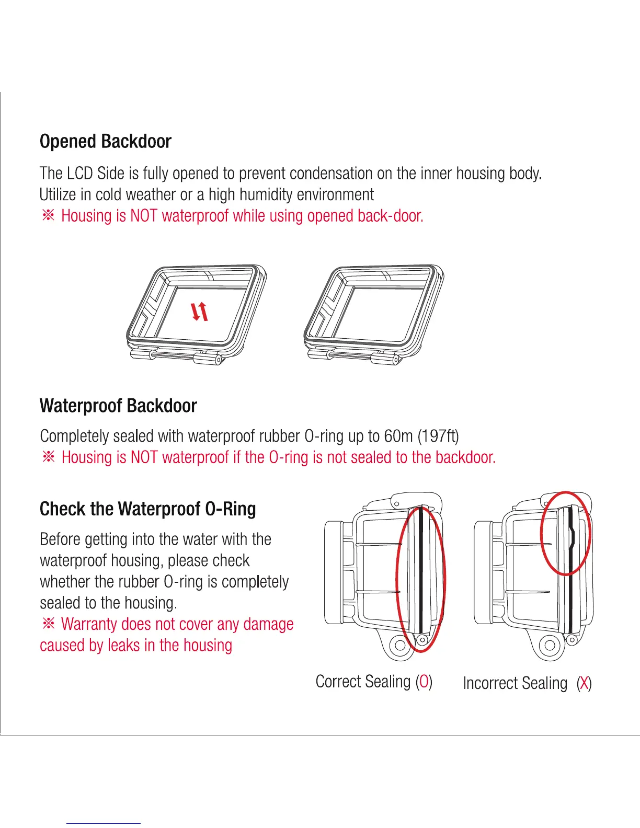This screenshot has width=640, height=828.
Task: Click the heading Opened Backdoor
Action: [105, 142]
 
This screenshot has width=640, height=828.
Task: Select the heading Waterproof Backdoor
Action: [118, 406]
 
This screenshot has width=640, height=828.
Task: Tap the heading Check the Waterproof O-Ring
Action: [147, 509]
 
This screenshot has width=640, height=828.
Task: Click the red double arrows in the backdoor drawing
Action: [200, 312]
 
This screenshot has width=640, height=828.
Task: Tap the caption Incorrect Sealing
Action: [515, 683]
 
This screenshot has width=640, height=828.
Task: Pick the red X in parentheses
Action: [584, 683]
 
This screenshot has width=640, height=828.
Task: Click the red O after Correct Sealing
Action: [424, 682]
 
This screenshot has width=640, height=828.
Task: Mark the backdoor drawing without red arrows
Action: [373, 314]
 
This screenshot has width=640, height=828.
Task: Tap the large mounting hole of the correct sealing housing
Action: [401, 645]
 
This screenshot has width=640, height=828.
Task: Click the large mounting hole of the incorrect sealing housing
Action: [550, 645]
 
